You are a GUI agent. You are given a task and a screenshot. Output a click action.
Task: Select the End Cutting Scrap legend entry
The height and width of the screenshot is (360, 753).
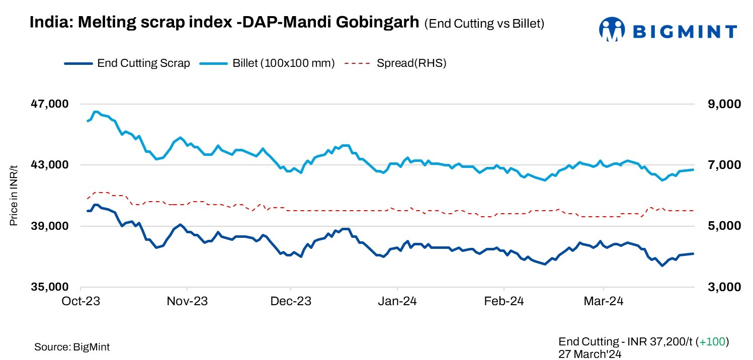click(x=127, y=63)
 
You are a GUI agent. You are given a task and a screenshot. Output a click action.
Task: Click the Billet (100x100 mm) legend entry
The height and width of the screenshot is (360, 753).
click(x=267, y=63)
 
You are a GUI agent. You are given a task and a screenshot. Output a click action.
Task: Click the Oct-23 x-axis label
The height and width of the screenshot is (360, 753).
click(x=82, y=301)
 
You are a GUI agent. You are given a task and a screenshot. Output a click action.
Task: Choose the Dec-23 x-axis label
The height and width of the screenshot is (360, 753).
click(x=291, y=301)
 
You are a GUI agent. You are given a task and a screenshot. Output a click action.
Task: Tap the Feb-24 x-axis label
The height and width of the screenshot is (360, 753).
click(x=504, y=301)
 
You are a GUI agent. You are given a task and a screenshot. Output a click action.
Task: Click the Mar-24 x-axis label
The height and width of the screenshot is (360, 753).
click(x=604, y=301)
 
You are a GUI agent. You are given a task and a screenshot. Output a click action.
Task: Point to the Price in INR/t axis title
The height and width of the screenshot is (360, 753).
click(x=14, y=196)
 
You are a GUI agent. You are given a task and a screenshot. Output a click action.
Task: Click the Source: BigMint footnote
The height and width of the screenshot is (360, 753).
click(x=72, y=347)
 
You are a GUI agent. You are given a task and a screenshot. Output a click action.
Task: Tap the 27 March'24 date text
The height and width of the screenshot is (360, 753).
click(x=590, y=353)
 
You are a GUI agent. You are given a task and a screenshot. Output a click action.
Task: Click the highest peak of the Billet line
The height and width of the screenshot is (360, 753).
click(x=96, y=112)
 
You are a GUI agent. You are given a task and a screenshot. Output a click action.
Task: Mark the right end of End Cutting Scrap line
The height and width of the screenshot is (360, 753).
click(x=693, y=253)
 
